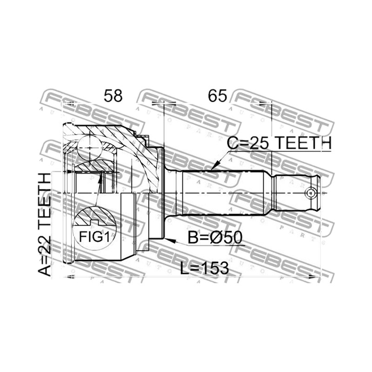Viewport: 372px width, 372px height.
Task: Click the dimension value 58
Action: tap(113, 96)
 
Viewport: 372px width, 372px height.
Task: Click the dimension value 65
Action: tap(218, 96)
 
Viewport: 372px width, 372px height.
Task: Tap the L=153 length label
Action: tap(205, 268)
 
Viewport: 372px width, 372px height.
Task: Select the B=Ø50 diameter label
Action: tap(215, 238)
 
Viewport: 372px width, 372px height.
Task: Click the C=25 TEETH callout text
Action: tap(279, 143)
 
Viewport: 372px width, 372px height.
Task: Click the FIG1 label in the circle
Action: tap(95, 237)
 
